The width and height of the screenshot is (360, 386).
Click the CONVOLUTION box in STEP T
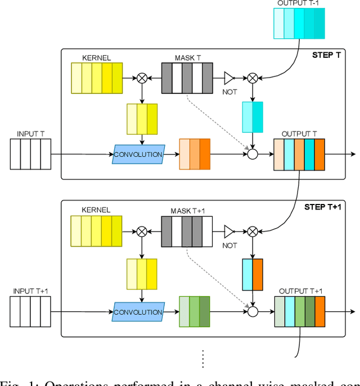tap(138, 154)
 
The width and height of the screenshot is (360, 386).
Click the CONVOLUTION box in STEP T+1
tap(138, 312)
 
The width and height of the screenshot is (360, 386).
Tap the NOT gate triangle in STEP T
tap(228, 78)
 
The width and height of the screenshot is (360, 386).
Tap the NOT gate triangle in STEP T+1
tap(228, 231)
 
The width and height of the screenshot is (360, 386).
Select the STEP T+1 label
tap(325, 207)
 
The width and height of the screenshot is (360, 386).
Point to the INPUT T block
tap(30, 154)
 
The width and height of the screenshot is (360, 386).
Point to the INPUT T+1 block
tap(30, 311)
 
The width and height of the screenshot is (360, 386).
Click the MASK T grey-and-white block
tap(187, 78)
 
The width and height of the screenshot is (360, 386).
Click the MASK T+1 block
tap(187, 231)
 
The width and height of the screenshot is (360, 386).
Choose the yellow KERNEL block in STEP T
tap(96, 78)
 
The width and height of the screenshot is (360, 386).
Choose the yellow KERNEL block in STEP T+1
tap(96, 231)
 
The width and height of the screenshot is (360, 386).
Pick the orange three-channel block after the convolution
tap(195, 154)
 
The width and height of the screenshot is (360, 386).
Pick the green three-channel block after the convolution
tap(195, 311)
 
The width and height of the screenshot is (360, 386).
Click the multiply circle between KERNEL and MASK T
tap(142, 78)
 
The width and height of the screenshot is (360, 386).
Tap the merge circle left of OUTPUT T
tap(253, 154)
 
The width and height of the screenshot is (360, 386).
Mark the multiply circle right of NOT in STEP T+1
tap(253, 231)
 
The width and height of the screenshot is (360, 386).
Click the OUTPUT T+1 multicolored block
tap(300, 311)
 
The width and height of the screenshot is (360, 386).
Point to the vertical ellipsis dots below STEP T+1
tap(203, 357)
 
